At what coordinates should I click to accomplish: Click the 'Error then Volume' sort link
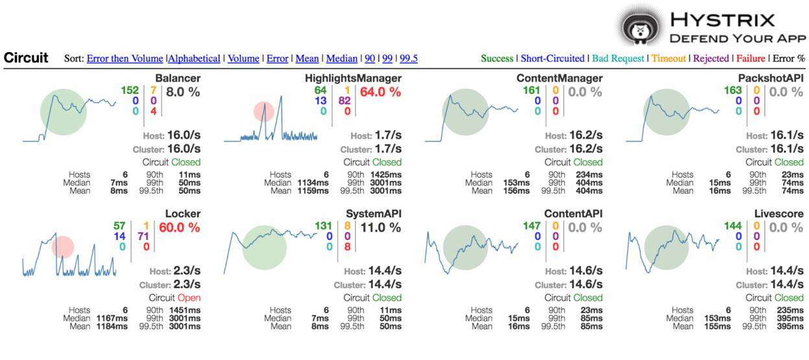pos(125,58)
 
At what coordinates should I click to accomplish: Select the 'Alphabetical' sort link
pos(194,58)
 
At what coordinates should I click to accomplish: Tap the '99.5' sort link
pos(409,58)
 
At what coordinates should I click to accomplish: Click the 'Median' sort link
pos(342,58)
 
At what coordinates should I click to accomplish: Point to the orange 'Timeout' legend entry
pos(668,58)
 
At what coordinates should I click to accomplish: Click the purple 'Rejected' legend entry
pos(711,58)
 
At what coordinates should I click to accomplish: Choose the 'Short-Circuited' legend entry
pos(552,58)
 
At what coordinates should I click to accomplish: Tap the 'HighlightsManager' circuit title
pos(353,78)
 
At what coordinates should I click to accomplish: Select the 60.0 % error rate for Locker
pos(179,228)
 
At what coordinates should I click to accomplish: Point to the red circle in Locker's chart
pos(63,247)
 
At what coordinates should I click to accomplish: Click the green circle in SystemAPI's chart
pos(264,247)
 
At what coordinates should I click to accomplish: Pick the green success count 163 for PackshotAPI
pos(732,91)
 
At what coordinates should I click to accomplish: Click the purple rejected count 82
pos(344,101)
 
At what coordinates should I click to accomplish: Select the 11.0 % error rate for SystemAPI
pos(380,228)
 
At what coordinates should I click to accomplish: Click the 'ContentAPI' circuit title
pos(573,214)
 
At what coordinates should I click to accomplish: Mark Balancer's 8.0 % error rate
pos(184,92)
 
